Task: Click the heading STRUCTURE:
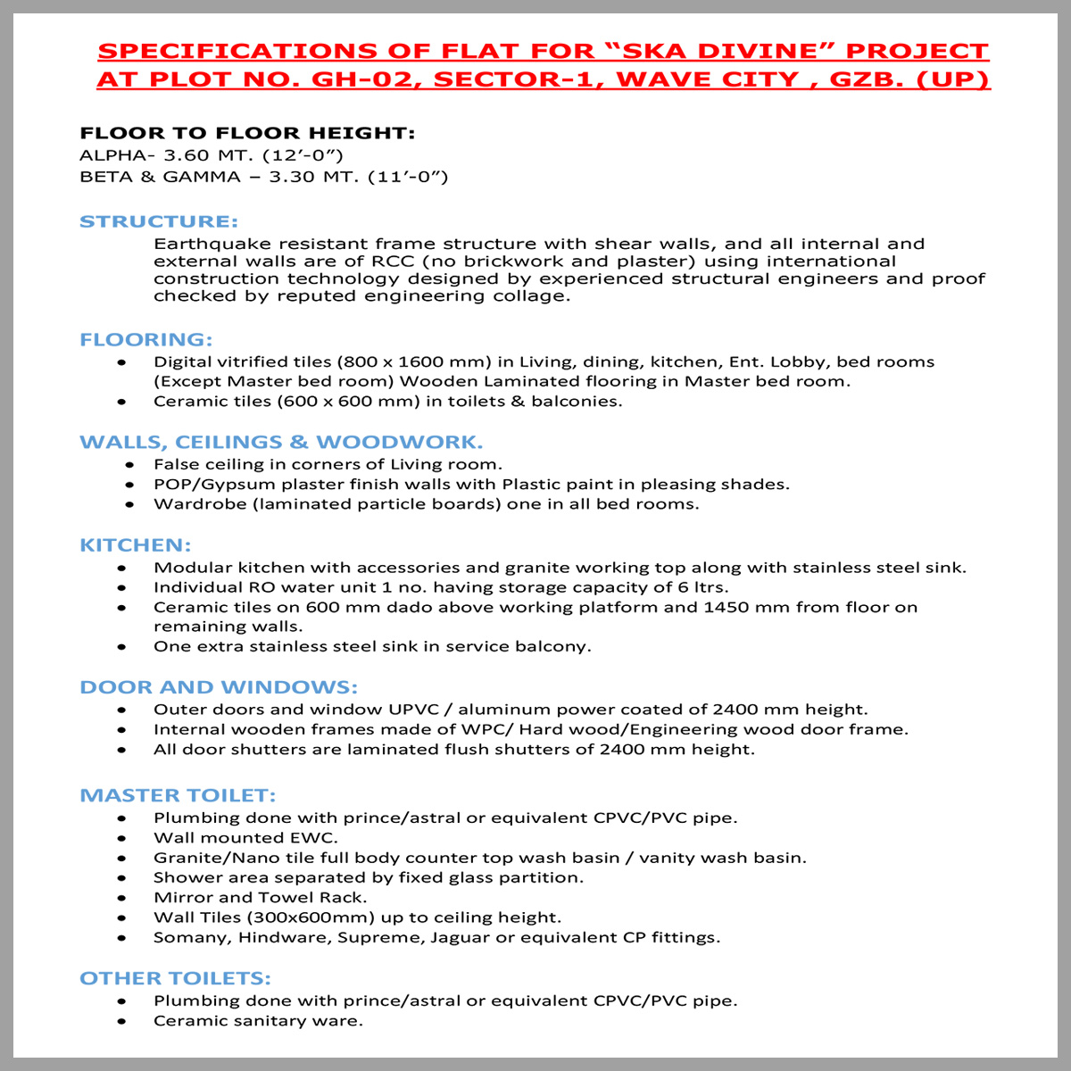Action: pos(159,221)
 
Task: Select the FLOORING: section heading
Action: pos(146,340)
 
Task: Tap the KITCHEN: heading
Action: pos(136,545)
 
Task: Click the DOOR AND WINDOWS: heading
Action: pos(219,687)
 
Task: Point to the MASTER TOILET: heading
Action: pos(178,795)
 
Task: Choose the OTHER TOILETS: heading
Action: pos(175,978)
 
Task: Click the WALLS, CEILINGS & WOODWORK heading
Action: pos(281,443)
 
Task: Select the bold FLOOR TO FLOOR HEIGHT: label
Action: pos(247,134)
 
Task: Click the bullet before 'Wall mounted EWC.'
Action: pos(122,838)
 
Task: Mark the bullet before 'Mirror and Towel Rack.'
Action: pos(122,898)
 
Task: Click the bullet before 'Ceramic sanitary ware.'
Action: pos(122,1021)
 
